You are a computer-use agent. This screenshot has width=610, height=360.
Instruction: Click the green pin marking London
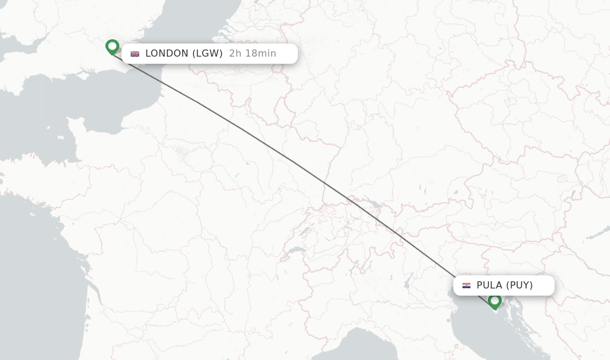(x=112, y=46)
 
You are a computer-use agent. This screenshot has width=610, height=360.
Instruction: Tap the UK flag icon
(x=135, y=54)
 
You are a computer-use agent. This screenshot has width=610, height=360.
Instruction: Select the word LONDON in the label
(x=167, y=54)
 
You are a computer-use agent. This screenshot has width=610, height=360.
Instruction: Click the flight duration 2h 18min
(x=253, y=54)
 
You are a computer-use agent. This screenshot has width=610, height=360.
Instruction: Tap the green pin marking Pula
(x=494, y=300)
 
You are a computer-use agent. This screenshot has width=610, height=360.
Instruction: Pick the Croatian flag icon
(x=466, y=285)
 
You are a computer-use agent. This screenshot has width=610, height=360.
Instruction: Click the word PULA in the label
(x=490, y=285)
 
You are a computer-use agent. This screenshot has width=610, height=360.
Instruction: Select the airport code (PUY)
(x=519, y=285)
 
